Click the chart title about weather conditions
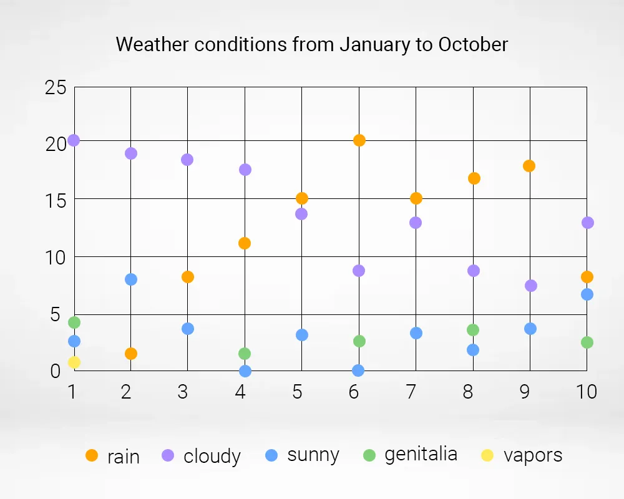point(311,44)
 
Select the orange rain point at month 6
point(359,140)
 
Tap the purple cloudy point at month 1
point(74,140)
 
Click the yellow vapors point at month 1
point(74,362)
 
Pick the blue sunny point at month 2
point(131,279)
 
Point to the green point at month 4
point(245,354)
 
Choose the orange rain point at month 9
point(529,166)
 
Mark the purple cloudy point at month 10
point(587,223)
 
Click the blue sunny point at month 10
point(587,294)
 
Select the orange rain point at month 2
point(131,354)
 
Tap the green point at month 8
point(473,330)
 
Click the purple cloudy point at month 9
point(531,285)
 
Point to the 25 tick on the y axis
point(56,87)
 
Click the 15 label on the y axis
point(56,201)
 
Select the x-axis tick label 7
point(411,392)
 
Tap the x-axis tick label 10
point(587,392)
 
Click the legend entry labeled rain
point(112,456)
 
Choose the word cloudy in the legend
point(212,456)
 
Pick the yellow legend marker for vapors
point(487,455)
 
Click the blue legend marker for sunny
point(271,455)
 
